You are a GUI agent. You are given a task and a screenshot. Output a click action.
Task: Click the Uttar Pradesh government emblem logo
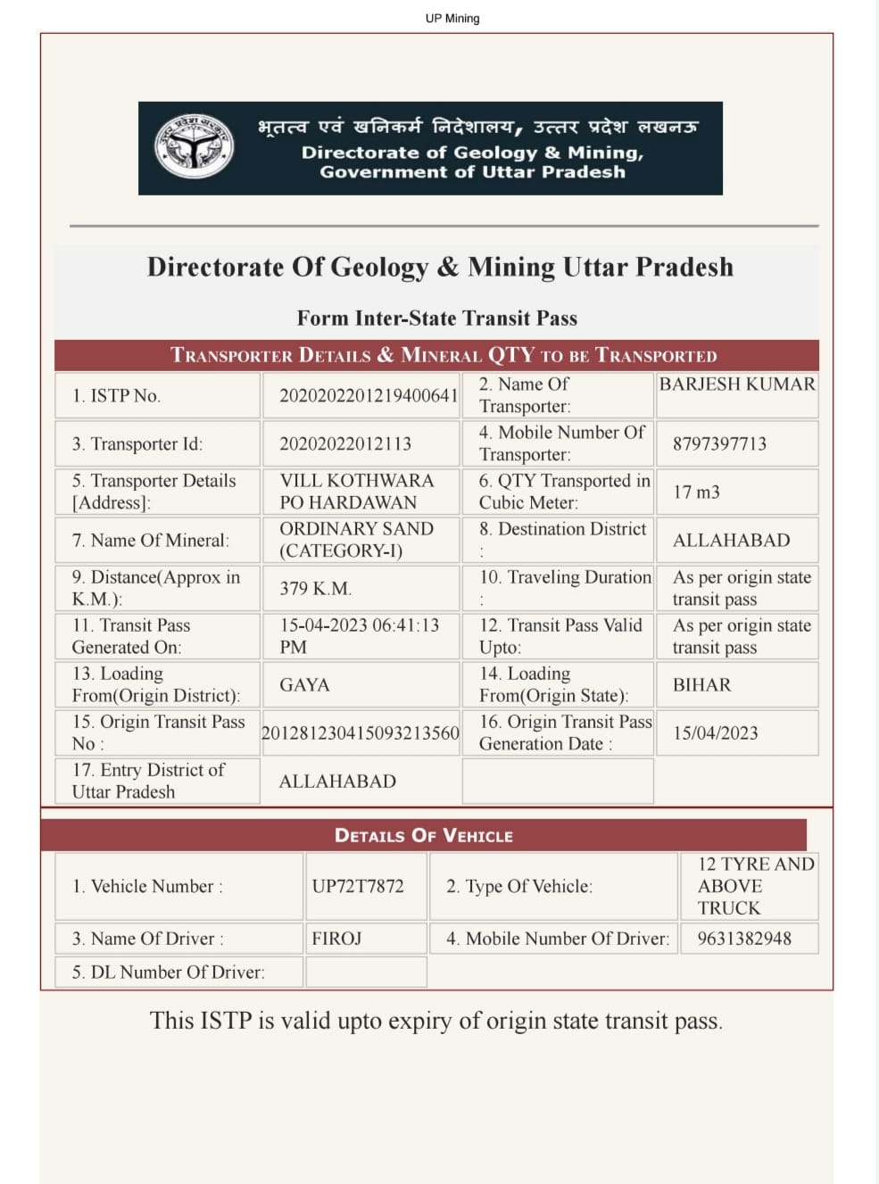194,146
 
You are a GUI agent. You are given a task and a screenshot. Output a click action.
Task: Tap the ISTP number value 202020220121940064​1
369,395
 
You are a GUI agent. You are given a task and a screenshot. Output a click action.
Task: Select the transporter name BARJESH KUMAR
737,385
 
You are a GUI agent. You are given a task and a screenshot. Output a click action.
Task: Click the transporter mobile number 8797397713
719,443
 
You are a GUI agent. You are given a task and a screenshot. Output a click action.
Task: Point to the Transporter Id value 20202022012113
345,443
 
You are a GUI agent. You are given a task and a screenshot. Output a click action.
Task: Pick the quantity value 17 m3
696,492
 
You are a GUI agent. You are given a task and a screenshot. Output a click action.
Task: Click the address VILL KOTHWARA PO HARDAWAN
356,492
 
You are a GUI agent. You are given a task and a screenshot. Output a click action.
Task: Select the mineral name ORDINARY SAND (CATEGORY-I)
356,540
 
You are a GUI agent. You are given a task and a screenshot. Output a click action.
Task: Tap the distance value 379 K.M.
316,588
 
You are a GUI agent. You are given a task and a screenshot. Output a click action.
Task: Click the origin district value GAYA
304,684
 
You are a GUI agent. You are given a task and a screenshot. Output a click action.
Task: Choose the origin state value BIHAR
701,684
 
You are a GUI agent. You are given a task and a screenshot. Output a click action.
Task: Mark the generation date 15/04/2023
716,733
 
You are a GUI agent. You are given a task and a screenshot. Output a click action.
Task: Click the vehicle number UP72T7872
358,886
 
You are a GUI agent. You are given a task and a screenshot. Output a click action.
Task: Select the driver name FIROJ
336,939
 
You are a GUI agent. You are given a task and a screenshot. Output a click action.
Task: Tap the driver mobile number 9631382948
744,939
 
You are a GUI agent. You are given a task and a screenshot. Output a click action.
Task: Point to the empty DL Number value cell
366,972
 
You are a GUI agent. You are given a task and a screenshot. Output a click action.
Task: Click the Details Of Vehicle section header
424,835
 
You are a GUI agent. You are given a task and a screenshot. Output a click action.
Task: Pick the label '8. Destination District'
562,529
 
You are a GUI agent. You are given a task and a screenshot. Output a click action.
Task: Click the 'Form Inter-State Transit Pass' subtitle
437,319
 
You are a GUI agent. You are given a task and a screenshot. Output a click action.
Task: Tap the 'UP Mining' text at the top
452,18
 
